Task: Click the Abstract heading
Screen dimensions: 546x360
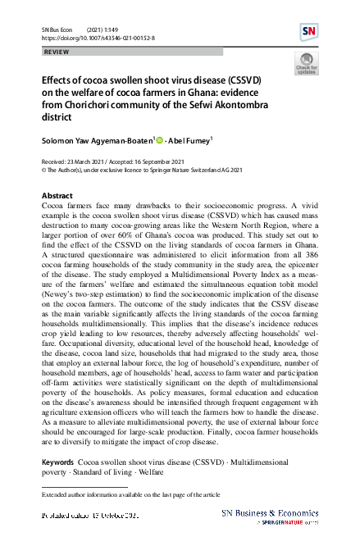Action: (x=57, y=196)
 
